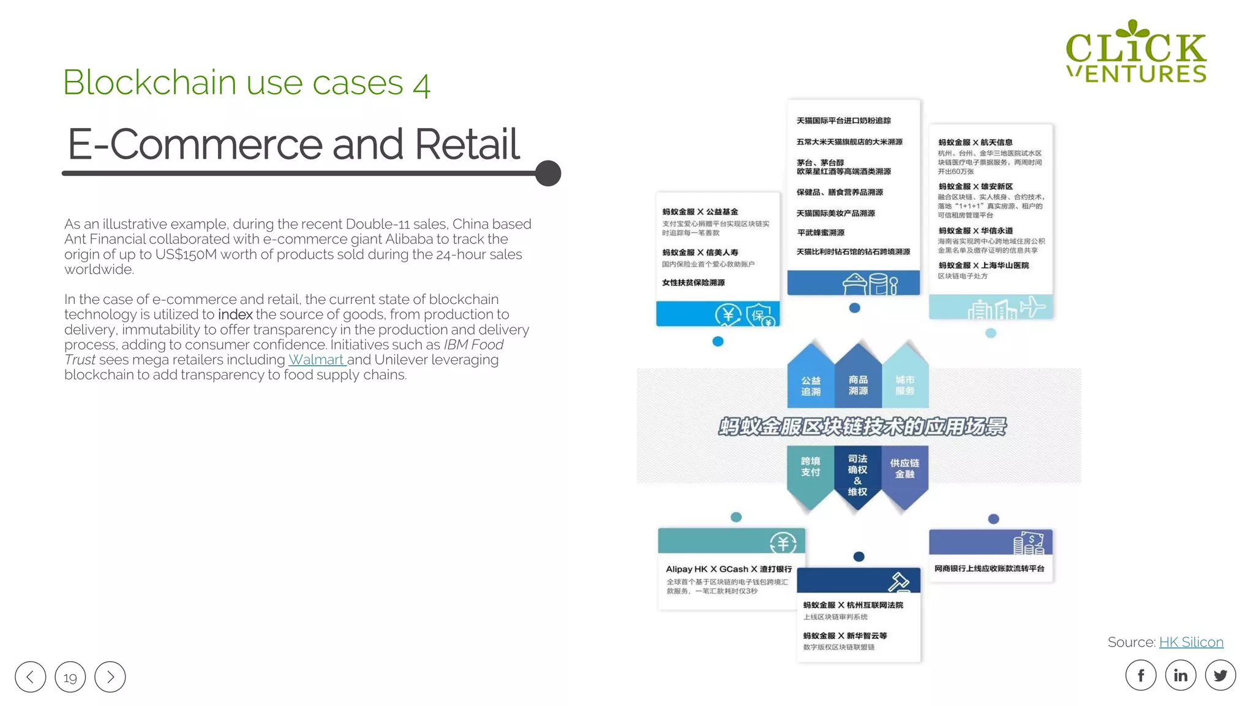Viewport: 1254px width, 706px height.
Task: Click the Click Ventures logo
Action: point(1136,52)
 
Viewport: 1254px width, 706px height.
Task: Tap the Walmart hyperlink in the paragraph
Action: point(316,360)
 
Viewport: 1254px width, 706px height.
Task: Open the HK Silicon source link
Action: point(1191,642)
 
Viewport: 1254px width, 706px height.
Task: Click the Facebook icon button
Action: point(1141,675)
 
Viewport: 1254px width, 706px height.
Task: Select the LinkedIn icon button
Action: point(1181,675)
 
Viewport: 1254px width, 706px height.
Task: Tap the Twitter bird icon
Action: point(1220,675)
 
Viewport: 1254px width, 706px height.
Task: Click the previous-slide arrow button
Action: point(31,677)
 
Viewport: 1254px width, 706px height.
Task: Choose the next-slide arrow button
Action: point(110,677)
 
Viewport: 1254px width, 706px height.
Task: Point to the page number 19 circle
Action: point(70,677)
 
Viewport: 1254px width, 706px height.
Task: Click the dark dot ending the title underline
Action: point(548,173)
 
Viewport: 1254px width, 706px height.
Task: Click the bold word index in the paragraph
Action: point(235,314)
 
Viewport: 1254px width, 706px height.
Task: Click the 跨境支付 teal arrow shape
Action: point(810,472)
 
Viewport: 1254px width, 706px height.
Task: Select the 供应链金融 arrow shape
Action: point(904,472)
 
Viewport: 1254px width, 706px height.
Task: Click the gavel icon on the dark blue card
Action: point(899,581)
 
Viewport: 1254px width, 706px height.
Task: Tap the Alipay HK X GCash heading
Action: point(729,569)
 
